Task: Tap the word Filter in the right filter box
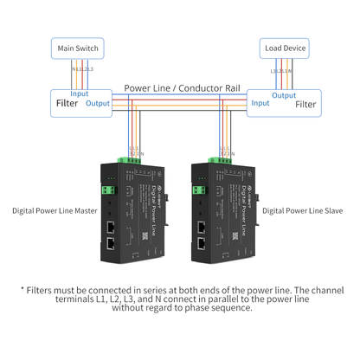(x=305, y=104)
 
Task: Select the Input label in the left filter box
(x=80, y=93)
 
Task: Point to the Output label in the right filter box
(x=284, y=95)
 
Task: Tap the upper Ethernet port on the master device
(x=112, y=227)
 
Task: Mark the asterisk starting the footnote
(x=22, y=292)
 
